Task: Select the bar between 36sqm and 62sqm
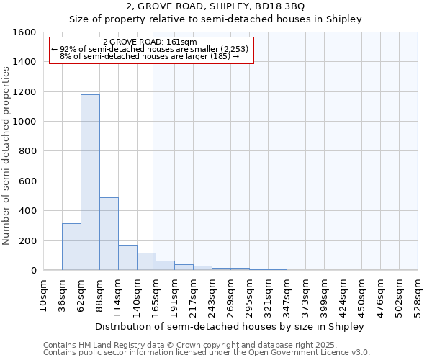(71, 246)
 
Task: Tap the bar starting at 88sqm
(109, 233)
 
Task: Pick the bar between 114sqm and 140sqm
(127, 257)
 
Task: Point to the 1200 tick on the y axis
(26, 92)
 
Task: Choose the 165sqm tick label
(156, 295)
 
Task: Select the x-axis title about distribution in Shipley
(230, 326)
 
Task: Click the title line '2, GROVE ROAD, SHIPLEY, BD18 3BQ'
(215, 6)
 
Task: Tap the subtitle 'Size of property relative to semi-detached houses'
(215, 19)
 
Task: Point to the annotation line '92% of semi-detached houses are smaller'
(149, 49)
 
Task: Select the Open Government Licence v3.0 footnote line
(207, 352)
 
